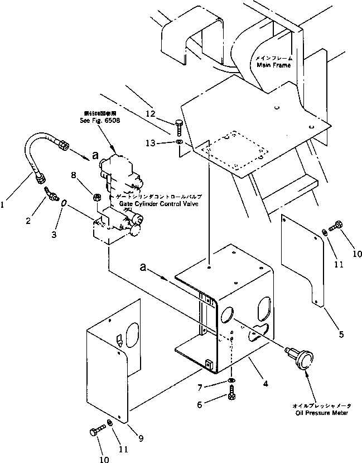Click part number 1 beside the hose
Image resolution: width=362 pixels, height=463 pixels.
coord(5,205)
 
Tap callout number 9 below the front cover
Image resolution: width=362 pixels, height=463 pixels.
coord(141,438)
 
